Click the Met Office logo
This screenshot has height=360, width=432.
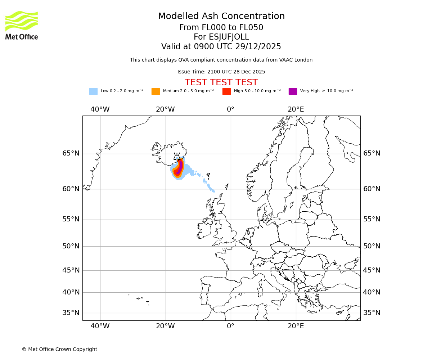pos(22,25)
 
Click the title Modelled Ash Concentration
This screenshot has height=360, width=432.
pos(221,16)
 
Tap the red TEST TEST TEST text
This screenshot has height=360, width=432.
pos(221,82)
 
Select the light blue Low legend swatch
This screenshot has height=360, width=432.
pos(93,91)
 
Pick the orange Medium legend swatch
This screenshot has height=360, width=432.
pos(156,91)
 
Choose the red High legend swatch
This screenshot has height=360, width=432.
pos(226,91)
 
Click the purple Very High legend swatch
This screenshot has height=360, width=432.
pos(293,91)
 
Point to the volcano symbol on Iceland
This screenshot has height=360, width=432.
pos(177,156)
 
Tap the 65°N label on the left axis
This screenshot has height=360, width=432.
pos(71,153)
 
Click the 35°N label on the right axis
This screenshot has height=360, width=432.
pos(372,312)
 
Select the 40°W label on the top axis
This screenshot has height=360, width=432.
pos(100,109)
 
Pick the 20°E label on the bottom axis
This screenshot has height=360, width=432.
pos(296,326)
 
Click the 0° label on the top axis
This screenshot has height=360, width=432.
pos(230,109)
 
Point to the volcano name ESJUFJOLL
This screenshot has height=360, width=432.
pos(221,37)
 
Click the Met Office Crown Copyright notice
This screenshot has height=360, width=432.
pos(59,349)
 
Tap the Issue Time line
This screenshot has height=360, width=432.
pos(221,72)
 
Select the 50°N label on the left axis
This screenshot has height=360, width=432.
pos(71,246)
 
